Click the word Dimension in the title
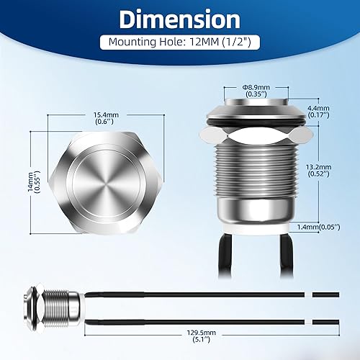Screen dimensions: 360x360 (x=179, y=19)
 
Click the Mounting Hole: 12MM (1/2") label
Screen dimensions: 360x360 (x=180, y=42)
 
